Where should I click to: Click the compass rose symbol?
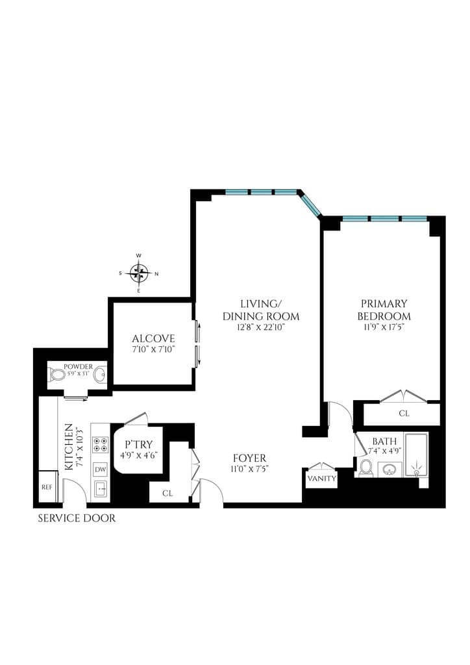pyautogui.click(x=138, y=273)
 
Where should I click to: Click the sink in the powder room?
pyautogui.click(x=99, y=375)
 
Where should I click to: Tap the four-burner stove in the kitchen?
pyautogui.click(x=100, y=445)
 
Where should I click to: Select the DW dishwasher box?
pyautogui.click(x=100, y=469)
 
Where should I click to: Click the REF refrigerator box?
pyautogui.click(x=47, y=487)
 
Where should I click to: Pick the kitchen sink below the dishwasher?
pyautogui.click(x=100, y=489)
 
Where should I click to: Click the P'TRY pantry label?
pyautogui.click(x=138, y=444)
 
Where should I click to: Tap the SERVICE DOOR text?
pyautogui.click(x=77, y=518)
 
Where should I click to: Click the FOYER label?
pyautogui.click(x=250, y=458)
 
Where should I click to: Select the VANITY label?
pyautogui.click(x=322, y=479)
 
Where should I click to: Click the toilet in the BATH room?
pyautogui.click(x=365, y=468)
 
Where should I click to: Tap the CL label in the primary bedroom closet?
pyautogui.click(x=404, y=413)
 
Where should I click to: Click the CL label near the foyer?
pyautogui.click(x=167, y=494)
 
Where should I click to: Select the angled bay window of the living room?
pyautogui.click(x=310, y=205)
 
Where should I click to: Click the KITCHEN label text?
pyautogui.click(x=68, y=447)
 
